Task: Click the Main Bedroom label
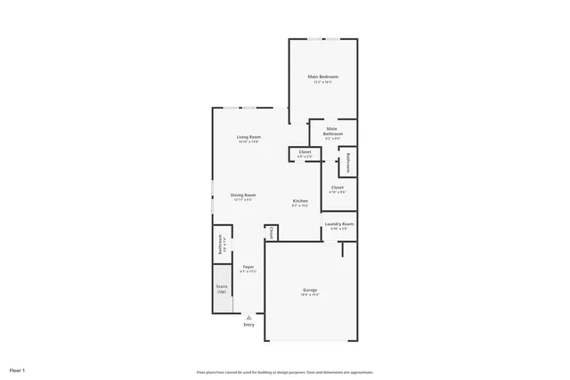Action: click(x=322, y=77)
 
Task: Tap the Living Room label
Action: click(x=248, y=137)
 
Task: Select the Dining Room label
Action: click(x=243, y=195)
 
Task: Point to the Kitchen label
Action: click(x=301, y=201)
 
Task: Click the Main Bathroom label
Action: click(x=332, y=131)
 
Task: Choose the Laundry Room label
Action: click(x=339, y=223)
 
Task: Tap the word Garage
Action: click(x=310, y=290)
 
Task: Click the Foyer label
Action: click(x=248, y=267)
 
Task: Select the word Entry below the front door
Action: click(x=248, y=325)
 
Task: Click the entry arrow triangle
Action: click(x=248, y=316)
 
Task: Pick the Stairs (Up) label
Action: click(x=222, y=288)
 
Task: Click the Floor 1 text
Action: click(x=18, y=369)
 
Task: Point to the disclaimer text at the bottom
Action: click(x=285, y=372)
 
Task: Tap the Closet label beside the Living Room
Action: click(x=304, y=152)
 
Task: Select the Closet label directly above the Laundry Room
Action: click(x=338, y=187)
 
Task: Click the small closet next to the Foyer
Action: click(x=271, y=232)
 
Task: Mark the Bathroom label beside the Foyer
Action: click(x=219, y=244)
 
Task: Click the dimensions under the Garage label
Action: click(x=310, y=295)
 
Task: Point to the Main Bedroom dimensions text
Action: click(x=322, y=82)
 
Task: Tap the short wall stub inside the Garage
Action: click(x=341, y=249)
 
